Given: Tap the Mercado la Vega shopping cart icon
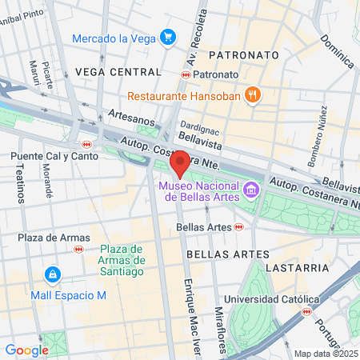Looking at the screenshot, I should (x=167, y=38).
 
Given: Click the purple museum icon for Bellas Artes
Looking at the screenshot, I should (x=252, y=190).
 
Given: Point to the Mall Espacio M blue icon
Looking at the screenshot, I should (x=53, y=275).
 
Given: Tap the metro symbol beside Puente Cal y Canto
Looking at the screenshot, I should (x=86, y=145).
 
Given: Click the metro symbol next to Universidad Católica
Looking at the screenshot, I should (x=305, y=311).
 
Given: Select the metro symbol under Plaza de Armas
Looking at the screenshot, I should (x=78, y=249).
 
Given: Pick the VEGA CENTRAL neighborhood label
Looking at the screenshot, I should (x=107, y=71).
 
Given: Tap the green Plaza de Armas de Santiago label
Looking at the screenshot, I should (x=122, y=260).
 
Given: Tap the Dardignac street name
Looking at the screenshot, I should (x=198, y=126).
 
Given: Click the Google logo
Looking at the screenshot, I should (x=26, y=350).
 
